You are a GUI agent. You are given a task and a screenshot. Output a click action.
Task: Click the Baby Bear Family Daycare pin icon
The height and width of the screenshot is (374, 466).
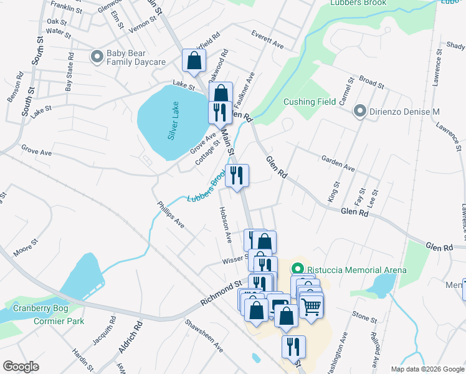[97, 57]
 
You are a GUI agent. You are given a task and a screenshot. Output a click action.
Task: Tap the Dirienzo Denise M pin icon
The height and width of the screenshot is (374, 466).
[359, 112]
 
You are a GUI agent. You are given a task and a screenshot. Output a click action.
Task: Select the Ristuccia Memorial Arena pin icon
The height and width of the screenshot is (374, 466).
[298, 269]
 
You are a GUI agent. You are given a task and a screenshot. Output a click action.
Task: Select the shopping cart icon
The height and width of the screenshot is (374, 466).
[311, 306]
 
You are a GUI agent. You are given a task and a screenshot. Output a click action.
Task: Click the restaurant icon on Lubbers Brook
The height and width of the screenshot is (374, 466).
[237, 175]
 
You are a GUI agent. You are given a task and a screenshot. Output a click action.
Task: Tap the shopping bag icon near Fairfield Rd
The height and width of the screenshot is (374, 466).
[194, 60]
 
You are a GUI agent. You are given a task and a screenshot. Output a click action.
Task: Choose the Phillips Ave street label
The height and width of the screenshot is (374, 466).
[171, 214]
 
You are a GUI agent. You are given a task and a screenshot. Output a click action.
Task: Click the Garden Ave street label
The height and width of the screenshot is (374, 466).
[338, 164]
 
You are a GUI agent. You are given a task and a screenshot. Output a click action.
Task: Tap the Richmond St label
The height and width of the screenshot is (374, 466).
[221, 294]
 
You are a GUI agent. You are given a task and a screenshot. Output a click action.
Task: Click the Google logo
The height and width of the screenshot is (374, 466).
[21, 366]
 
